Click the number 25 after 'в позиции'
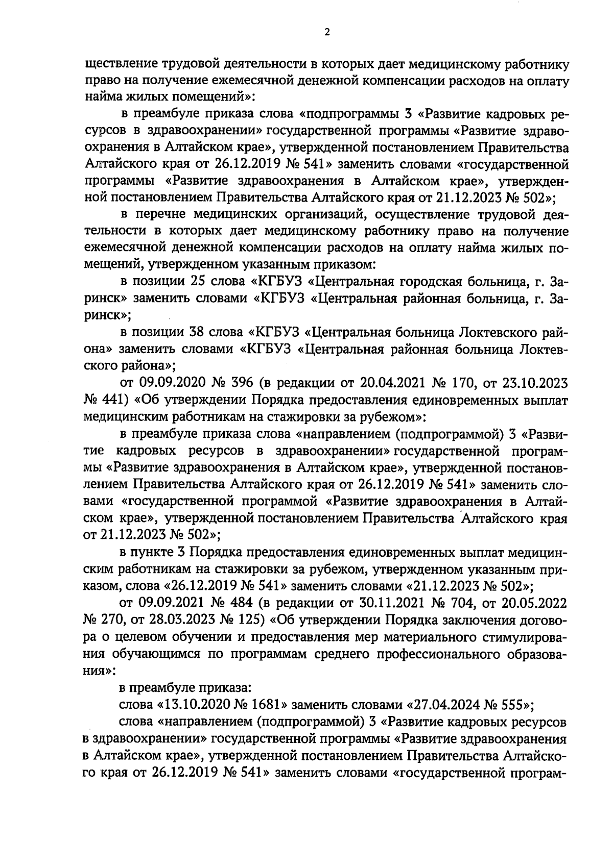(x=198, y=282)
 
